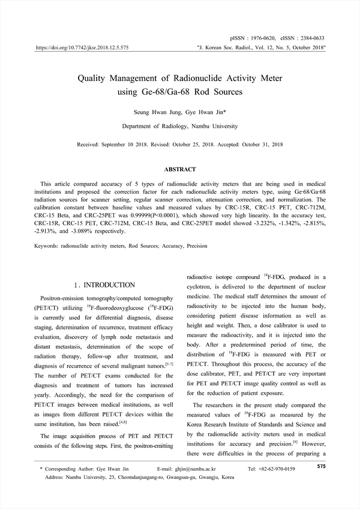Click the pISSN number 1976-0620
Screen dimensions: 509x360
pyautogui.click(x=264, y=37)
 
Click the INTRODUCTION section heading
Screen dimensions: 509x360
pyautogui.click(x=109, y=285)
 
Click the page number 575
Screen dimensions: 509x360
pyautogui.click(x=321, y=466)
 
